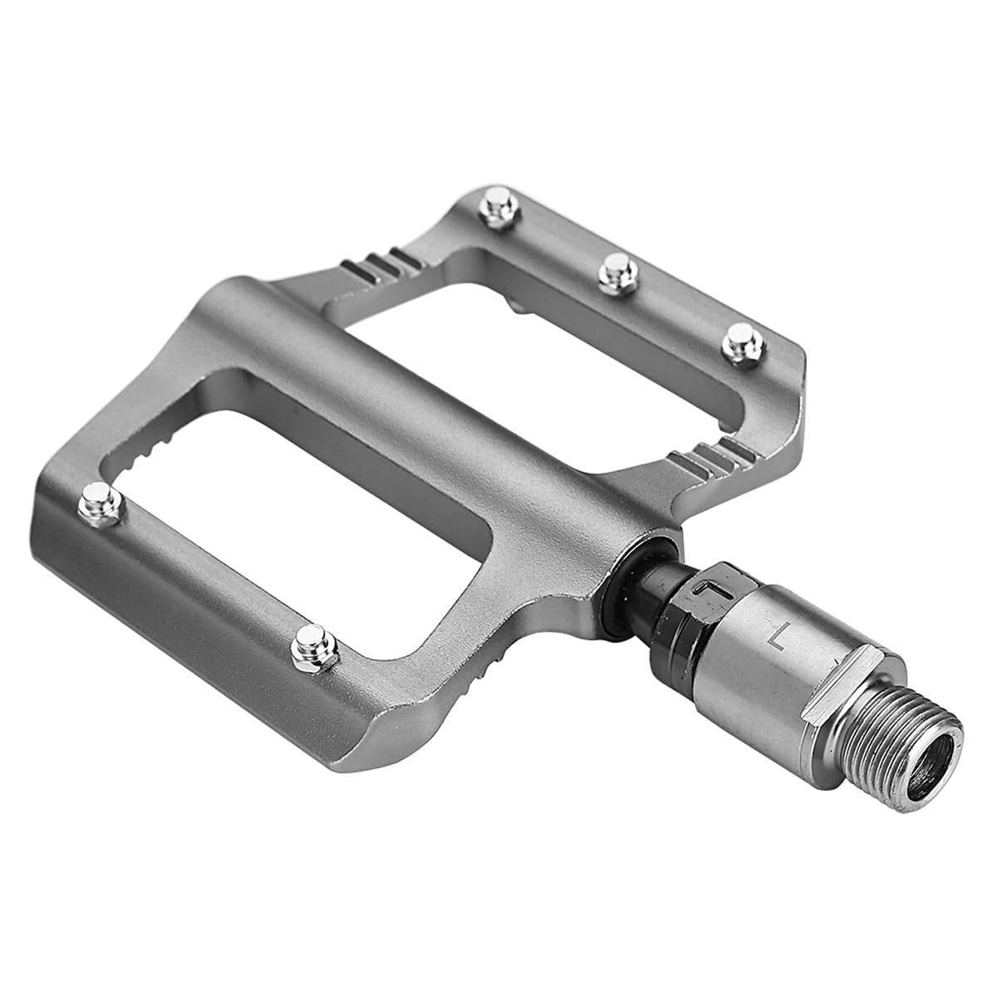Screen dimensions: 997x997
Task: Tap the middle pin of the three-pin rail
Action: (x=617, y=274)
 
